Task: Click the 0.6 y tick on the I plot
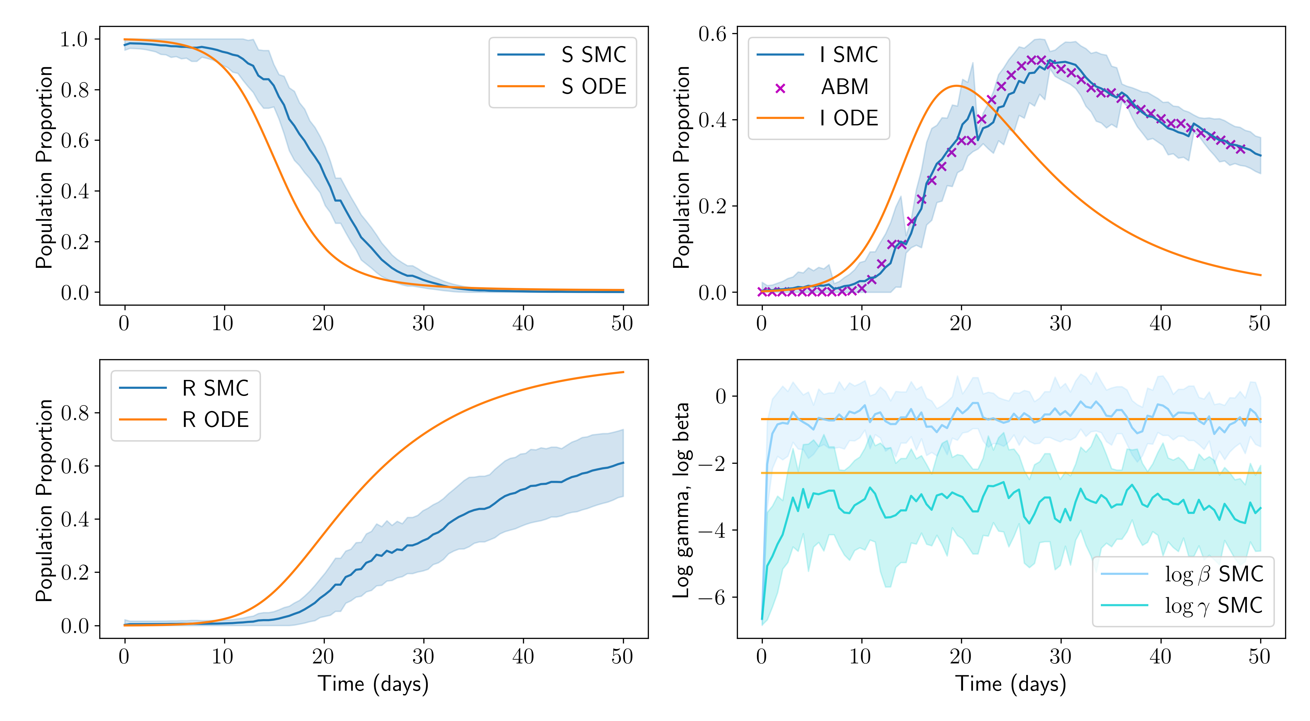tap(712, 34)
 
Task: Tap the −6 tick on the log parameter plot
tap(712, 598)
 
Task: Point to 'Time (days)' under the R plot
tap(373, 684)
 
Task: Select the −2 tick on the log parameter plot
tap(712, 464)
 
